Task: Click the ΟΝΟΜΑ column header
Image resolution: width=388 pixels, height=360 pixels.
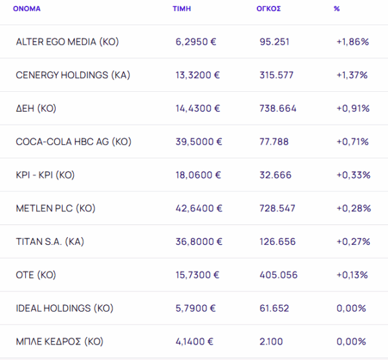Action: (x=27, y=9)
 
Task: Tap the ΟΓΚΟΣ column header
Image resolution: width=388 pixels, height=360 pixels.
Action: (x=268, y=9)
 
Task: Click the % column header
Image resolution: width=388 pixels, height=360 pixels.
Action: (x=336, y=9)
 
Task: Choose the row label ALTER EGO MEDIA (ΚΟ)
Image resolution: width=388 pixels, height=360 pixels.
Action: (x=67, y=42)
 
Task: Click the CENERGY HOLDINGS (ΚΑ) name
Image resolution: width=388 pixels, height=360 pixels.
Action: (x=73, y=75)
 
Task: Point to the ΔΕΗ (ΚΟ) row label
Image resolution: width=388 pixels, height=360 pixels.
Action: (x=36, y=109)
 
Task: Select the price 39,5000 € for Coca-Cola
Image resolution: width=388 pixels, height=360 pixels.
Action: (x=199, y=142)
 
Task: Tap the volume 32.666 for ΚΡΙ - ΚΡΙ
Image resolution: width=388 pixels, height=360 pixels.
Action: (x=274, y=175)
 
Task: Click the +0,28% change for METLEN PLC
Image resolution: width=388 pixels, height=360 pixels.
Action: (x=353, y=208)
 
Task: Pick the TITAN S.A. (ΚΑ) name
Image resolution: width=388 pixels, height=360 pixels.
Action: (x=50, y=242)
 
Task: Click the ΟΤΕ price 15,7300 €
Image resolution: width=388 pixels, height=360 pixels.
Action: (x=199, y=275)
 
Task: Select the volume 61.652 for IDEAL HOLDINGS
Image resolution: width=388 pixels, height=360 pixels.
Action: (x=274, y=308)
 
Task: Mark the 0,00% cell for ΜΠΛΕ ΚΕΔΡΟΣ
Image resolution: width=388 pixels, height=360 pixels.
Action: (x=352, y=341)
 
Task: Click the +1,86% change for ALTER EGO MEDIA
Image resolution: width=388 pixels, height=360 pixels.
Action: (x=352, y=42)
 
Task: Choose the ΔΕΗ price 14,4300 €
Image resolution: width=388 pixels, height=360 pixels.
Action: (x=199, y=109)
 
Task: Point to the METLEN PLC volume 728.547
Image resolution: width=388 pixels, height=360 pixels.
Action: (x=278, y=208)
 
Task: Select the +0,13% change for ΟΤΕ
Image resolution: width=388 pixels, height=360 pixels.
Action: (x=353, y=275)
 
